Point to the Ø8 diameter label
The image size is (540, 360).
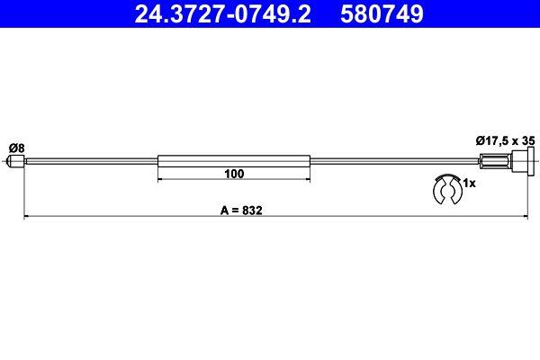point(15,147)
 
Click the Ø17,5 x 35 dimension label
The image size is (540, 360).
point(504,139)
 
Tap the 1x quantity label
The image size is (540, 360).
point(468,183)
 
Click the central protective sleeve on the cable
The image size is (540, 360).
point(234,162)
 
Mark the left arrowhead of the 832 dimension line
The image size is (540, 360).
point(26,217)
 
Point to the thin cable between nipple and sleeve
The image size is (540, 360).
point(90,162)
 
